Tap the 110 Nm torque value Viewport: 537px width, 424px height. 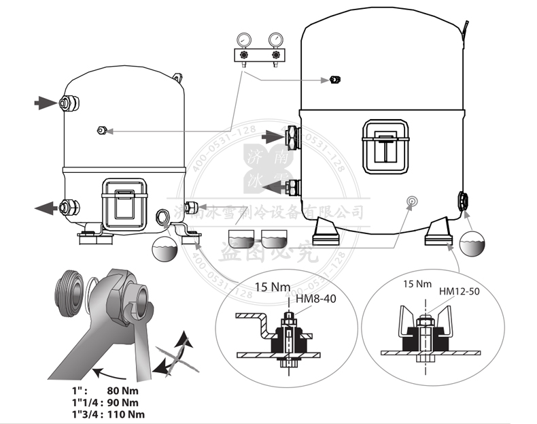(x=126, y=414)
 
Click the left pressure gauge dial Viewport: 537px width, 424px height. (x=245, y=38)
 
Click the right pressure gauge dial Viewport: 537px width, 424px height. (x=276, y=38)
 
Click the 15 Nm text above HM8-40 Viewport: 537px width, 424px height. (x=268, y=285)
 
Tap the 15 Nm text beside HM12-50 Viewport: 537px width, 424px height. (x=417, y=283)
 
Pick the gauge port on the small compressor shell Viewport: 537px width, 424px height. (x=102, y=130)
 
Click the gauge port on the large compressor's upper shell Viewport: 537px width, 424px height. (x=334, y=80)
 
